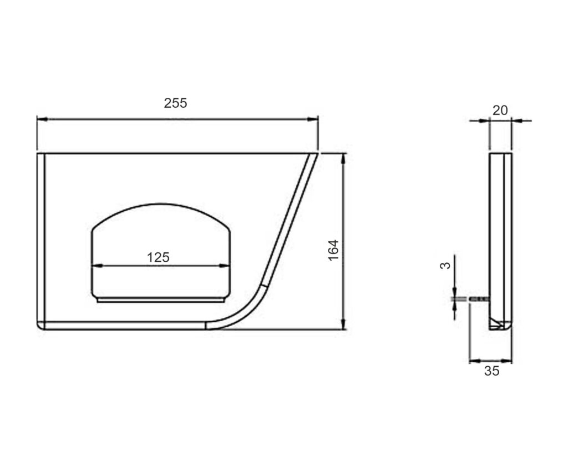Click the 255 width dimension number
[175, 103]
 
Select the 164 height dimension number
[333, 250]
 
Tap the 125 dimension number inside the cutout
[158, 257]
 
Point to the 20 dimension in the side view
[500, 111]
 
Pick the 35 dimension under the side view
[491, 371]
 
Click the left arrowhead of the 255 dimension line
[42, 119]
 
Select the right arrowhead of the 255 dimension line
[313, 119]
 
